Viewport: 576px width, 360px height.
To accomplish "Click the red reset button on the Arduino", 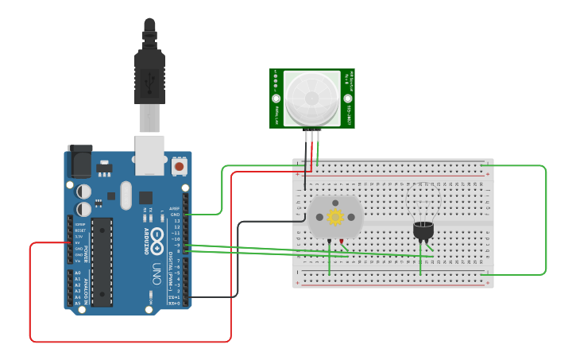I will pyautogui.click(x=179, y=167).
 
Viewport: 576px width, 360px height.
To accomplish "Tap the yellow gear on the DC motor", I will pyautogui.click(x=335, y=216).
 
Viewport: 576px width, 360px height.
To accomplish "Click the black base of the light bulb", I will pyautogui.click(x=423, y=231).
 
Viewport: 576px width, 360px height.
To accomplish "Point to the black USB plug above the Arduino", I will pyautogui.click(x=149, y=68).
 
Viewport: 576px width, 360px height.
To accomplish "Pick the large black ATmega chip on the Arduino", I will pyautogui.click(x=102, y=262).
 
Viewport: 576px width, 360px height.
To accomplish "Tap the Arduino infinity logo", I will pyautogui.click(x=157, y=237).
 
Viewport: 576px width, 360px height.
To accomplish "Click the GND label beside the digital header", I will pyautogui.click(x=175, y=215).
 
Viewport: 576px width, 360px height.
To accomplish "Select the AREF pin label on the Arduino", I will pyautogui.click(x=174, y=208).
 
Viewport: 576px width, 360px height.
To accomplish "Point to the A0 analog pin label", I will pyautogui.click(x=77, y=273).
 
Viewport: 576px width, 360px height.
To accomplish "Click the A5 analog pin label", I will pyautogui.click(x=77, y=303).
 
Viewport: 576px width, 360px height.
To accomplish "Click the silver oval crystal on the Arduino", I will pyautogui.click(x=125, y=195).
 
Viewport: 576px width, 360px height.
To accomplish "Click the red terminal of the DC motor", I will pyautogui.click(x=342, y=241).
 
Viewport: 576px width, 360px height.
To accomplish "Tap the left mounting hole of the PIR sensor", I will pyautogui.click(x=277, y=99).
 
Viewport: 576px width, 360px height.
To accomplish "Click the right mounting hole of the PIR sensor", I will pyautogui.click(x=347, y=99).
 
